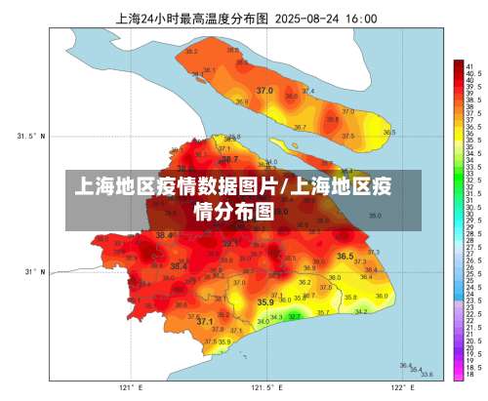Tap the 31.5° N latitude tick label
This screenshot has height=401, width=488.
click(x=30, y=136)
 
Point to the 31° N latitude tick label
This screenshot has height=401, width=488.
click(x=34, y=271)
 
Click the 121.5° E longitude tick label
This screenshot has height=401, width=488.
click(x=262, y=387)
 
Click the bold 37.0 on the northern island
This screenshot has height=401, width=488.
click(x=264, y=91)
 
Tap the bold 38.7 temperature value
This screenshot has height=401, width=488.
click(x=229, y=158)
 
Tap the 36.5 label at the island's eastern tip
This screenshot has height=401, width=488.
click(x=388, y=132)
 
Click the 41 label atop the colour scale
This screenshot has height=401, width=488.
click(x=470, y=65)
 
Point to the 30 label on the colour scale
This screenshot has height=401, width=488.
click(x=470, y=214)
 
